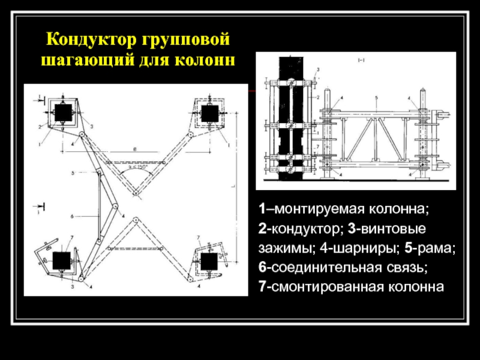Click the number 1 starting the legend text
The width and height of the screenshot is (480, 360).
click(x=262, y=209)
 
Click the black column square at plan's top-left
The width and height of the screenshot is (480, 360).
click(x=62, y=112)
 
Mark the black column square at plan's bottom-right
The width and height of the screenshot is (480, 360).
click(x=208, y=261)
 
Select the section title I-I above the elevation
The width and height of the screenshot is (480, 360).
click(x=361, y=61)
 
